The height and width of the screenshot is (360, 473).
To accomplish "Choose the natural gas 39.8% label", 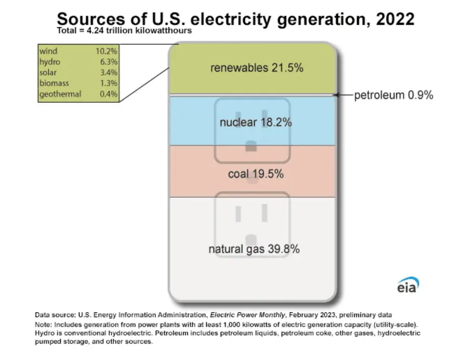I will pos(254,249).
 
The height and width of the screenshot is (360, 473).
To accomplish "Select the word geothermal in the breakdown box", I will pos(60,94).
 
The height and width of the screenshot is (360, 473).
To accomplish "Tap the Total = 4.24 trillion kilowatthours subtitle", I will pos(124,31).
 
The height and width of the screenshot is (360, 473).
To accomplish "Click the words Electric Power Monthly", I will pos(247,316).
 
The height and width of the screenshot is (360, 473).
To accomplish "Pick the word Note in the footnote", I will pos(43,324).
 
